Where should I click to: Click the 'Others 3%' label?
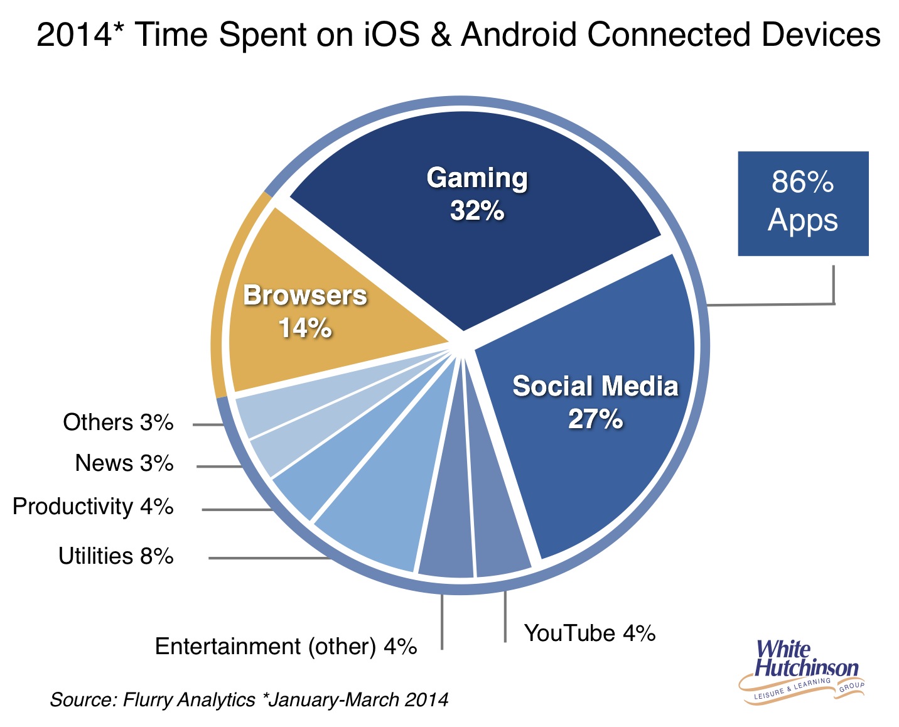pos(118,423)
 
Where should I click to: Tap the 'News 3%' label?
pos(124,463)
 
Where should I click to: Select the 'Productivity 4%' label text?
pos(93,507)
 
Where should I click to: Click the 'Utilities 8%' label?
pos(116,556)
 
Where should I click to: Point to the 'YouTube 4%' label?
pos(589,633)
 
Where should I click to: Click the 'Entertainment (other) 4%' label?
pos(286,647)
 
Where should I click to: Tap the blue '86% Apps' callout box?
pos(803,203)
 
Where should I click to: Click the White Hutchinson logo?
pos(802,672)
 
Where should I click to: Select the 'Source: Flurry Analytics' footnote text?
pos(153,700)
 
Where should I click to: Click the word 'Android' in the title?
pos(519,34)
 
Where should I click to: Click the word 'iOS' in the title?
pos(392,34)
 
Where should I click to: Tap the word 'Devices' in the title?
pos(817,34)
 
